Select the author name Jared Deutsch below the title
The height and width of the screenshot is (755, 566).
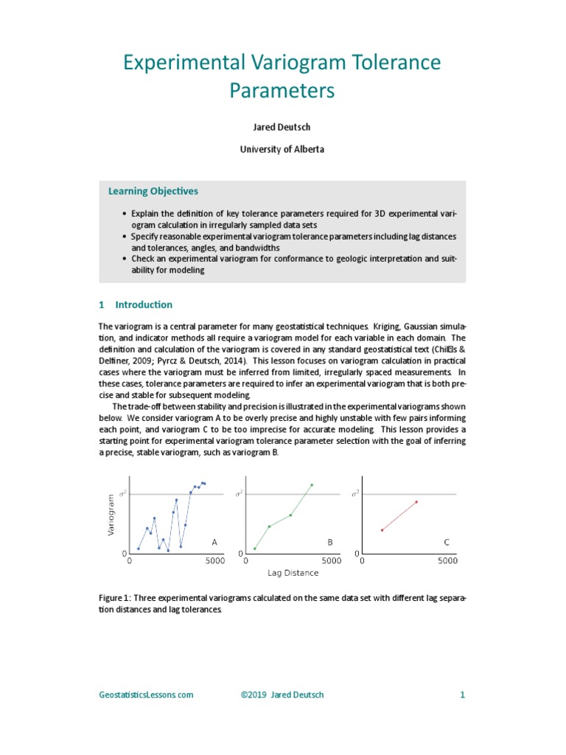tap(282, 127)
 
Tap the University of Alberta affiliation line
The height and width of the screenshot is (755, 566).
tap(282, 149)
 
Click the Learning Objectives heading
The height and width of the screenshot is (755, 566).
tap(153, 191)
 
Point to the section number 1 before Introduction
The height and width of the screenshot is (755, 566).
tap(102, 305)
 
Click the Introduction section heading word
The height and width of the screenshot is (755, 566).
tap(144, 305)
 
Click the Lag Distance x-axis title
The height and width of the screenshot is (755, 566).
tap(293, 573)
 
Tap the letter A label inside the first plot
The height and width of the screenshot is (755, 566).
tap(214, 542)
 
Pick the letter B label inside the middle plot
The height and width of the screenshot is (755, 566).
tap(330, 542)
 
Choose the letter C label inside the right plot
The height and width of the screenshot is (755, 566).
tap(446, 542)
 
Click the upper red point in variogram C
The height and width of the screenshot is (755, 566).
tap(416, 502)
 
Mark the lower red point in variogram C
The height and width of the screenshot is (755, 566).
tap(382, 530)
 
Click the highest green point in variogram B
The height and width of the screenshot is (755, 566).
tap(312, 484)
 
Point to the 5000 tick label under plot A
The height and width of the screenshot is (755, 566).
tap(214, 560)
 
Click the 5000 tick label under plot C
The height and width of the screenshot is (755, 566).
tap(447, 560)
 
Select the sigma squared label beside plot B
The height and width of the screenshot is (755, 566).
tap(239, 493)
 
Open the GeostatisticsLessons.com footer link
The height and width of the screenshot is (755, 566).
tap(146, 695)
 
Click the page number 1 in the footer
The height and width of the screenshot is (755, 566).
tap(462, 695)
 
